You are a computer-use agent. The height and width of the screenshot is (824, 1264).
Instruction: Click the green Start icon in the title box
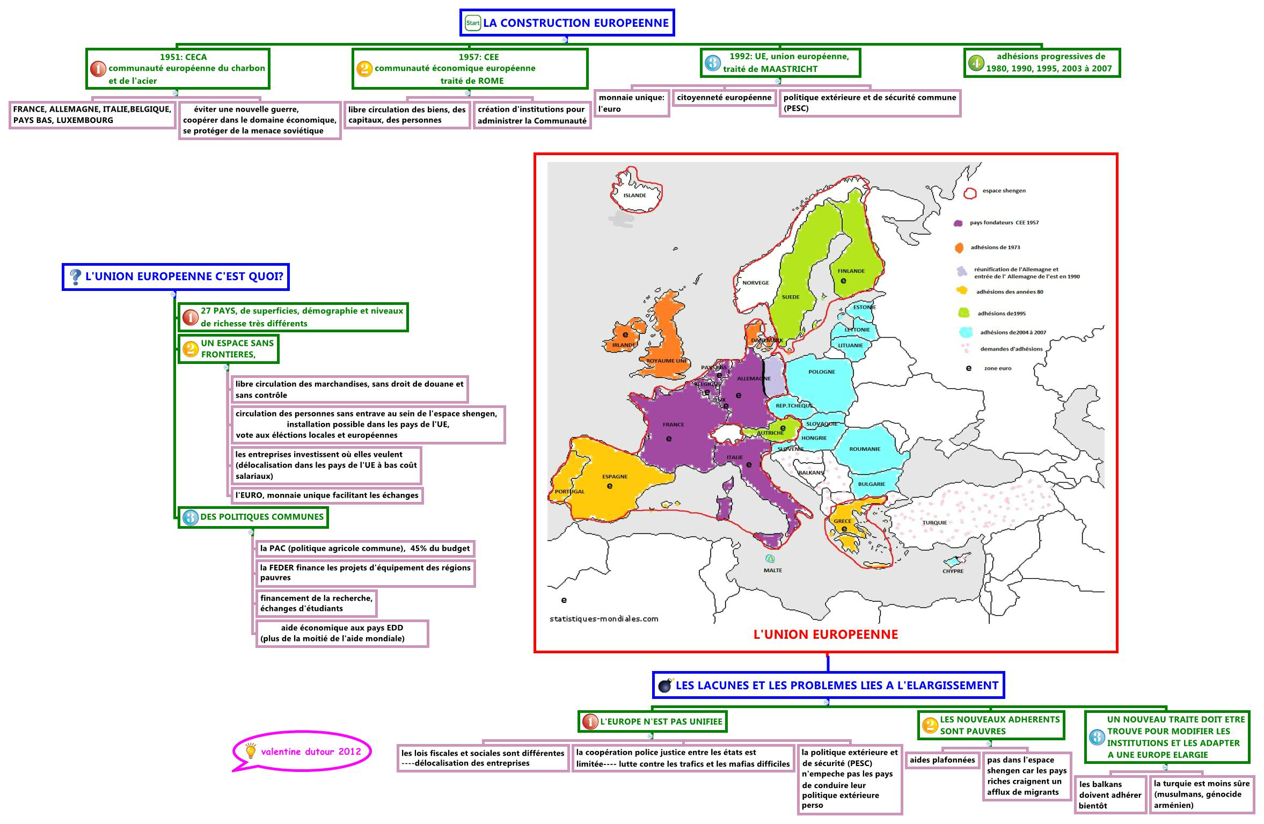pos(472,23)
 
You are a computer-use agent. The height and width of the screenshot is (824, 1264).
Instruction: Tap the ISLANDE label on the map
pos(634,195)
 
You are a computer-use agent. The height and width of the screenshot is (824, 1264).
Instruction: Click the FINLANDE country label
pos(851,271)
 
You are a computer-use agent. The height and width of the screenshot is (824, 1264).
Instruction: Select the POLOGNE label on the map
pos(821,371)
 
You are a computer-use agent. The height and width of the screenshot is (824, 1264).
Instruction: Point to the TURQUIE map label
pos(934,522)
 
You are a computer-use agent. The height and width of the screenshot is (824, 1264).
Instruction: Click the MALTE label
pos(772,570)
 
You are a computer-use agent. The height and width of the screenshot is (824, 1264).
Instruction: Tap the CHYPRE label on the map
pos(953,571)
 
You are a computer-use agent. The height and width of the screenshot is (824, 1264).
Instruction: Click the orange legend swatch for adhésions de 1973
pos(959,247)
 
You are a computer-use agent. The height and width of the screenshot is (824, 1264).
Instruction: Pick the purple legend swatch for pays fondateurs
pos(958,223)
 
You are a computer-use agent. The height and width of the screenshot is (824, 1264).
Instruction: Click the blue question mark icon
pos(76,277)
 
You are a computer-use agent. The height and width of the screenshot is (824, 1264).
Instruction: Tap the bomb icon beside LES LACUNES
pos(666,686)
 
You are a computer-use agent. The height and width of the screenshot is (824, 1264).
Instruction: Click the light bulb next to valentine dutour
pos(250,751)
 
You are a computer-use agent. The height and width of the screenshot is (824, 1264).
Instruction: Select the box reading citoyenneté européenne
pos(724,98)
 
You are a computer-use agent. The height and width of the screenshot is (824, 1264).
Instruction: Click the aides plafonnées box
pos(942,760)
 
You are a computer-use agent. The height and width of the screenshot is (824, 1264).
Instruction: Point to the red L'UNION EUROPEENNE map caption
pos(825,635)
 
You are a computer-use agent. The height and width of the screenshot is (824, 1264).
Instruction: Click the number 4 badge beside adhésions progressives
pos(976,63)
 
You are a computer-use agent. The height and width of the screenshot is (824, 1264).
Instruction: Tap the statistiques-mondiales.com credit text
pos(604,618)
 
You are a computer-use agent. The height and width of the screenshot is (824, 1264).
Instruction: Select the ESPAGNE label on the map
pos(615,477)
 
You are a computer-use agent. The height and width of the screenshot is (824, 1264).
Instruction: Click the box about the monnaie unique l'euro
pos(631,103)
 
